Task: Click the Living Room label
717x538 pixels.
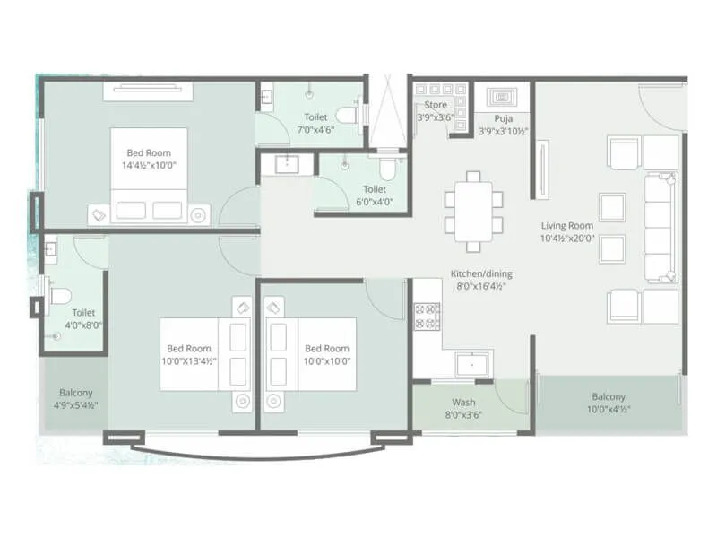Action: coord(566,225)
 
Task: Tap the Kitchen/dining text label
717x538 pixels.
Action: coord(482,274)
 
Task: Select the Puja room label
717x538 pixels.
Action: coord(503,117)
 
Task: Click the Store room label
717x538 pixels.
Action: coord(436,105)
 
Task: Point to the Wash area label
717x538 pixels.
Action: coord(462,403)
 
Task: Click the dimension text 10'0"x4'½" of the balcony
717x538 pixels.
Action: coord(609,410)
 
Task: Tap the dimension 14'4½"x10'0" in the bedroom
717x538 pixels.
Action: coord(148,165)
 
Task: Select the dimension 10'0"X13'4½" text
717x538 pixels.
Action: coord(189,361)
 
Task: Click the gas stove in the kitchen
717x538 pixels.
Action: coord(427,316)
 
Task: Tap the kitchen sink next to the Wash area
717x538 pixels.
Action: coord(469,364)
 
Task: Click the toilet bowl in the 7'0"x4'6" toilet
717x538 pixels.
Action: coord(346,115)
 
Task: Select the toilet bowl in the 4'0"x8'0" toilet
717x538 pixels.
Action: coord(59,295)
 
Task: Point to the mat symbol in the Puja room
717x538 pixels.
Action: coord(502,96)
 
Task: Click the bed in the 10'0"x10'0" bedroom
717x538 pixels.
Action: coord(309,353)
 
